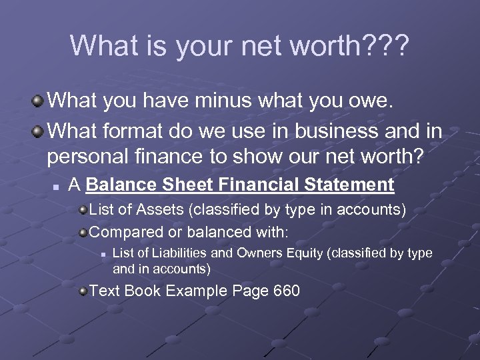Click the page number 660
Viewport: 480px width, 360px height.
click(286, 291)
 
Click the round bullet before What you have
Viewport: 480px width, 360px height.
click(39, 102)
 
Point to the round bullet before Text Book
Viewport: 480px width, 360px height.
click(83, 291)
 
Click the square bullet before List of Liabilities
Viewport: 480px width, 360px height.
click(103, 254)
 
